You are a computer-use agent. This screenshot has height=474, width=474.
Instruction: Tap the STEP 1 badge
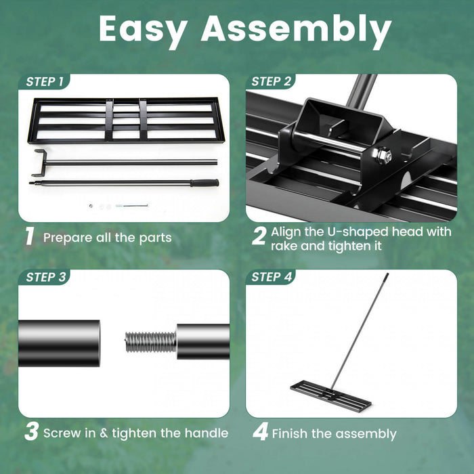click(45, 82)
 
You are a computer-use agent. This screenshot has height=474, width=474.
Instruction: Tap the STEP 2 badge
click(271, 82)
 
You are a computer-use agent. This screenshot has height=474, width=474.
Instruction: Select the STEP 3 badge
click(45, 277)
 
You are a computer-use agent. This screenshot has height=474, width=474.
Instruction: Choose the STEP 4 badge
click(271, 277)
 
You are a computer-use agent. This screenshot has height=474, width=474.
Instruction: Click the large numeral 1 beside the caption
click(29, 237)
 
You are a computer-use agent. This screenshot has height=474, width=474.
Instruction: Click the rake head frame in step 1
click(124, 121)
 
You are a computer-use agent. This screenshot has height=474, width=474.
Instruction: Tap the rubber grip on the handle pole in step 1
click(204, 183)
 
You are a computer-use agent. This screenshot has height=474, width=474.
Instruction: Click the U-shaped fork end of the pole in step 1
click(39, 163)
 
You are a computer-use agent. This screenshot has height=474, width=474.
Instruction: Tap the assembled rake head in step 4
click(331, 395)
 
